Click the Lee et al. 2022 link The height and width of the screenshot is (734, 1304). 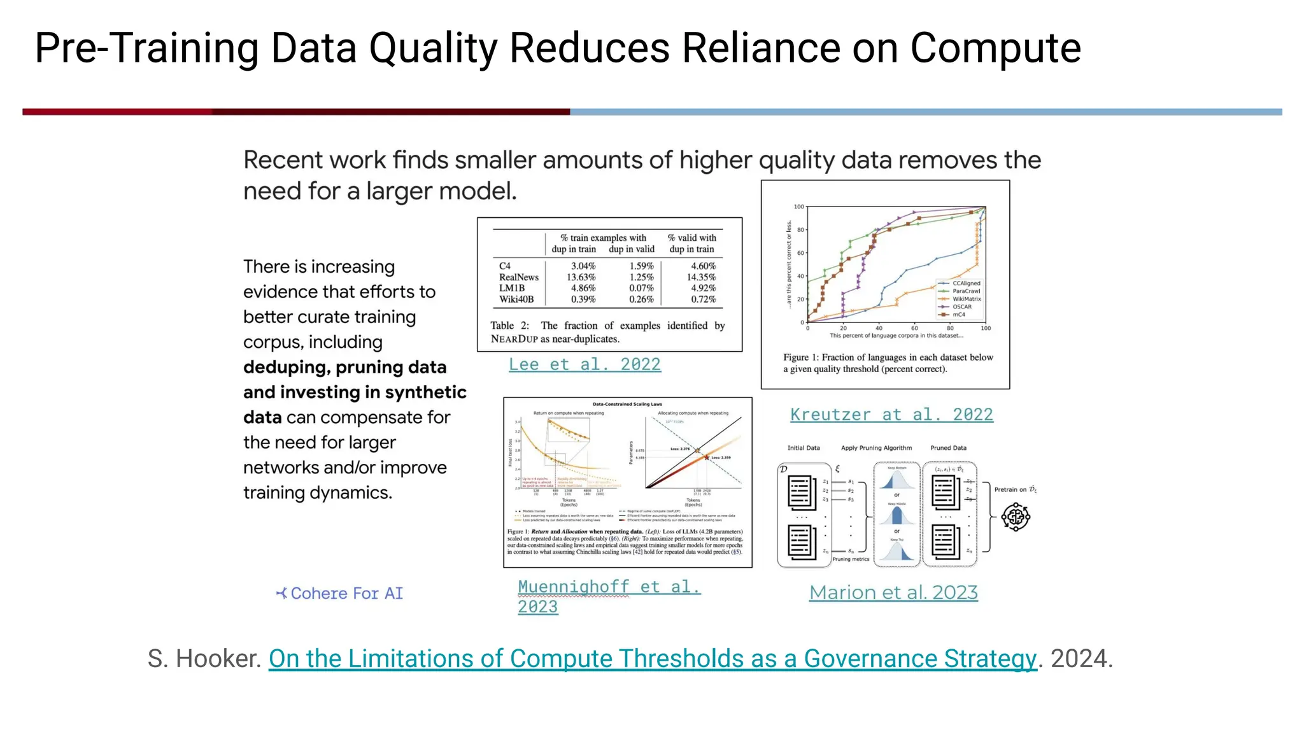(585, 364)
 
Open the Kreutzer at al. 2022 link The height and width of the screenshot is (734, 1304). (891, 415)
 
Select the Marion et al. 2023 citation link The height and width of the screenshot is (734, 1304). (893, 593)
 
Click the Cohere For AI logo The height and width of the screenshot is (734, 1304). (339, 593)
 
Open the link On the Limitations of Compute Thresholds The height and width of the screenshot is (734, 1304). (652, 659)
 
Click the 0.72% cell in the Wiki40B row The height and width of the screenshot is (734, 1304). (703, 299)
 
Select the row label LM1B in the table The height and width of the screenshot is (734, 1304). (512, 288)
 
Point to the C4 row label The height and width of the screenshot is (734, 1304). (505, 266)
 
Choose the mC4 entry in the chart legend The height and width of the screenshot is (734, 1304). (958, 315)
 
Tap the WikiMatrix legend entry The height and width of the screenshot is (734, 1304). (966, 299)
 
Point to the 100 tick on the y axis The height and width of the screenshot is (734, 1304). (798, 207)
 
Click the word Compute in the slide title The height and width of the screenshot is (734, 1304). (995, 48)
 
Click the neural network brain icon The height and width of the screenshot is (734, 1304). (1015, 517)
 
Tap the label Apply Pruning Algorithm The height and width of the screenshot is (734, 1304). (876, 448)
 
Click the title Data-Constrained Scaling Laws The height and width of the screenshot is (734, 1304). (627, 404)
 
